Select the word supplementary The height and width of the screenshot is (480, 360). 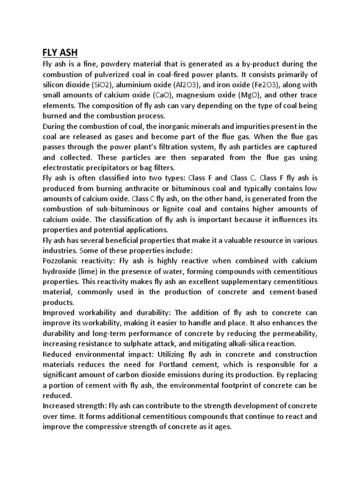point(241,281)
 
